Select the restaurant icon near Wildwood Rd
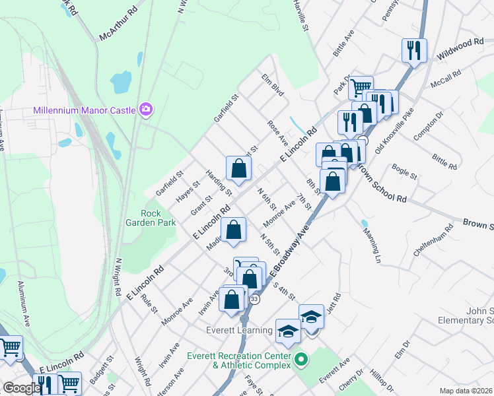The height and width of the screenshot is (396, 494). [x=414, y=50]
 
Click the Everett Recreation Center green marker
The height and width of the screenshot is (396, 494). [x=301, y=360]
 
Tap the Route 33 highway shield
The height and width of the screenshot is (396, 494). [x=254, y=299]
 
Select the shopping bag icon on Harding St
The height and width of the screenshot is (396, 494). [x=238, y=168]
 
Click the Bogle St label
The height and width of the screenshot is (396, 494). [x=404, y=173]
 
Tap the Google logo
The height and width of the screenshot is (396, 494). [x=20, y=388]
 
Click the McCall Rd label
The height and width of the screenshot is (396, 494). [x=444, y=79]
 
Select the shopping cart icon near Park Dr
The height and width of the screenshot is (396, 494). [x=361, y=86]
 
